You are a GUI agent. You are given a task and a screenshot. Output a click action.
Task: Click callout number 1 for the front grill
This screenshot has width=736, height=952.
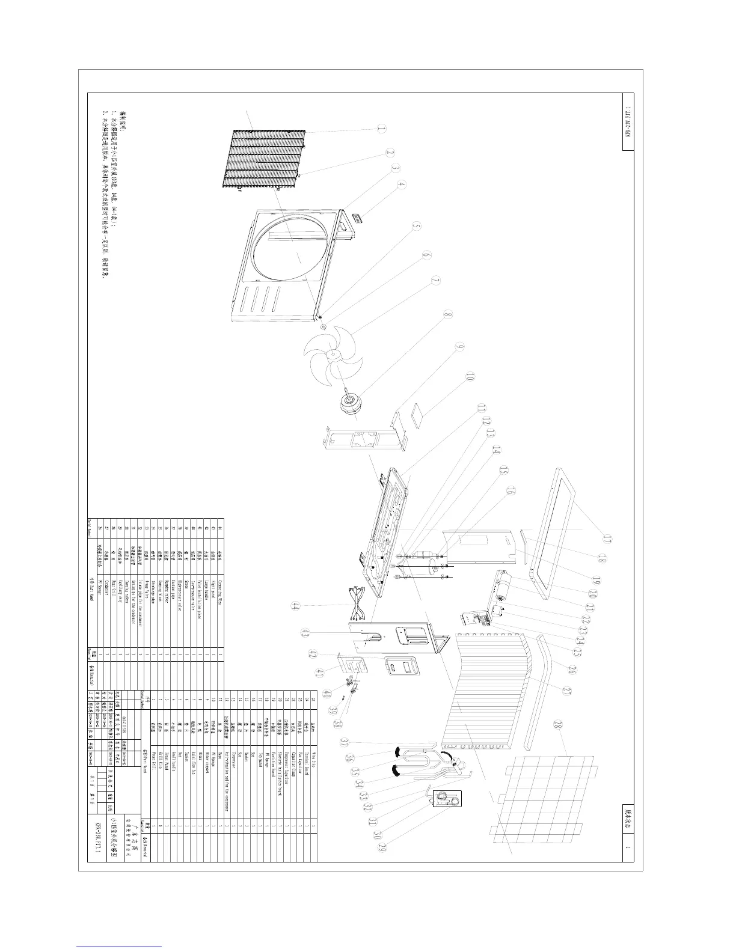pos(381,128)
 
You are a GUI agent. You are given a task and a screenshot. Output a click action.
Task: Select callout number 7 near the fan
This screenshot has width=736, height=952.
pos(435,281)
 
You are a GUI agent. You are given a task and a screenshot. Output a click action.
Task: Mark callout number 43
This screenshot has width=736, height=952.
pos(305,633)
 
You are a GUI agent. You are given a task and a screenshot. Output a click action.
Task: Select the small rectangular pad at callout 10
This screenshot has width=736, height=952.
pos(414,414)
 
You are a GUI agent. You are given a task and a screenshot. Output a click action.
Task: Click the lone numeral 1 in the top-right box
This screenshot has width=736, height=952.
pos(628,847)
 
